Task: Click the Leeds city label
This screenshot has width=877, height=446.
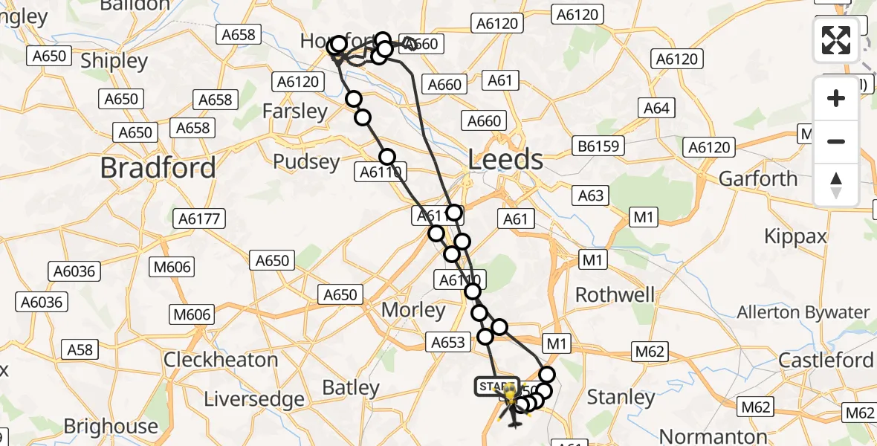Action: (x=505, y=160)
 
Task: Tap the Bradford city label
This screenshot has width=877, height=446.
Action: (x=158, y=167)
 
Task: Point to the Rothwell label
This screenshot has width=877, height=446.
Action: (x=615, y=294)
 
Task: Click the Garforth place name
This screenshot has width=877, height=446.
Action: (x=758, y=178)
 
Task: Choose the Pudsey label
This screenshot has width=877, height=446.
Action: (x=306, y=161)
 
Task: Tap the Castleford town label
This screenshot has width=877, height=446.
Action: (x=825, y=360)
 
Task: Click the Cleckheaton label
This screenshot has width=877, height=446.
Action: (x=221, y=360)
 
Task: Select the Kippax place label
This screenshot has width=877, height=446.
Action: (x=795, y=236)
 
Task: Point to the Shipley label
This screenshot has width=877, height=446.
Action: (x=114, y=61)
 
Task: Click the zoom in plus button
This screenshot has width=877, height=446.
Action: (x=836, y=98)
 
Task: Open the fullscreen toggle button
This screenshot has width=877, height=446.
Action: (x=836, y=40)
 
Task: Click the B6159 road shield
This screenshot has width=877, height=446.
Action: (x=599, y=146)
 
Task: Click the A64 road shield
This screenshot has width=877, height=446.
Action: (x=656, y=109)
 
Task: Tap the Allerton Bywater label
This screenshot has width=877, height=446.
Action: (x=803, y=312)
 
